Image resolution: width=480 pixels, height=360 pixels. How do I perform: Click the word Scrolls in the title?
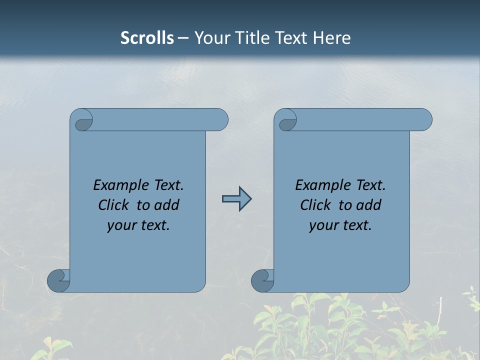(x=147, y=38)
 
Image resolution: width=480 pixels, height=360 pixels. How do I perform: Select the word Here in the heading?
(x=332, y=38)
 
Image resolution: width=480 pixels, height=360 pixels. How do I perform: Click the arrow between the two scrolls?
(x=236, y=199)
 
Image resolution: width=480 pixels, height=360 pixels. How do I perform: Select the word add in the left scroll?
(x=167, y=205)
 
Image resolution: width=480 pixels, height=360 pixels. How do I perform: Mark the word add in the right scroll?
(x=369, y=205)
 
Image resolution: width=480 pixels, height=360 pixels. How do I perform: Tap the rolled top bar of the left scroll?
(x=160, y=120)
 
